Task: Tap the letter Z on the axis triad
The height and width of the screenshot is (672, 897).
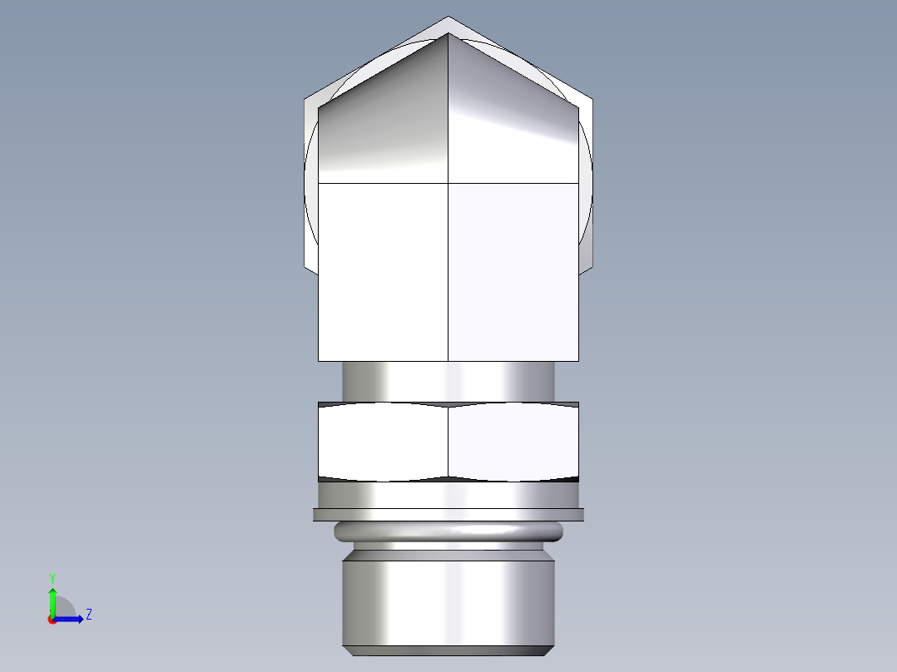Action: click(x=88, y=615)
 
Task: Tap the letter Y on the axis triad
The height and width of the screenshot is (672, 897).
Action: click(x=52, y=577)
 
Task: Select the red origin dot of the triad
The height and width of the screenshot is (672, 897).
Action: click(x=52, y=620)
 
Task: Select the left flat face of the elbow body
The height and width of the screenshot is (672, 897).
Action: click(x=383, y=270)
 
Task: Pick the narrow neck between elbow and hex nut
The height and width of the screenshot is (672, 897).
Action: click(x=448, y=381)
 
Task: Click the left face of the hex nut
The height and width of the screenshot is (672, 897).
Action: click(x=383, y=441)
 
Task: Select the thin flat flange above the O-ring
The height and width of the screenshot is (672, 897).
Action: click(x=448, y=515)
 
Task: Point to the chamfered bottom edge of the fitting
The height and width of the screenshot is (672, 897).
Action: click(x=448, y=650)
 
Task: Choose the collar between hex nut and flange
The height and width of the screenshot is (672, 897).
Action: click(x=448, y=495)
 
